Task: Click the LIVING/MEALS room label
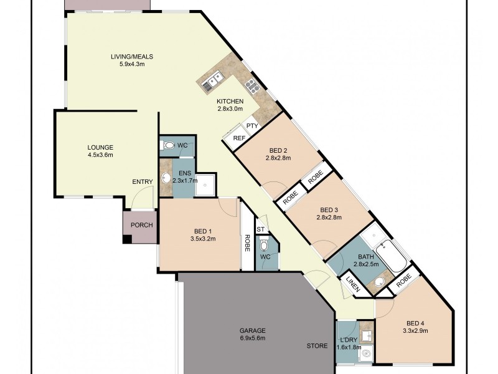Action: [132, 56]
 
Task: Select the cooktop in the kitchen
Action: [251, 85]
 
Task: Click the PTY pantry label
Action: [251, 126]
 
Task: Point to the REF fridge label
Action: [238, 138]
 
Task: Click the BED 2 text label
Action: [278, 150]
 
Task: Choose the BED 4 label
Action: [417, 322]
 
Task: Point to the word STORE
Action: [316, 345]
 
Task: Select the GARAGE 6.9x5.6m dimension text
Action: [252, 338]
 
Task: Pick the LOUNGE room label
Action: [100, 147]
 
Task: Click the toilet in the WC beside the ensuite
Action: [168, 146]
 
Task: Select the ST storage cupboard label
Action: [261, 230]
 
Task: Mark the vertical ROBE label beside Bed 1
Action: [247, 242]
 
